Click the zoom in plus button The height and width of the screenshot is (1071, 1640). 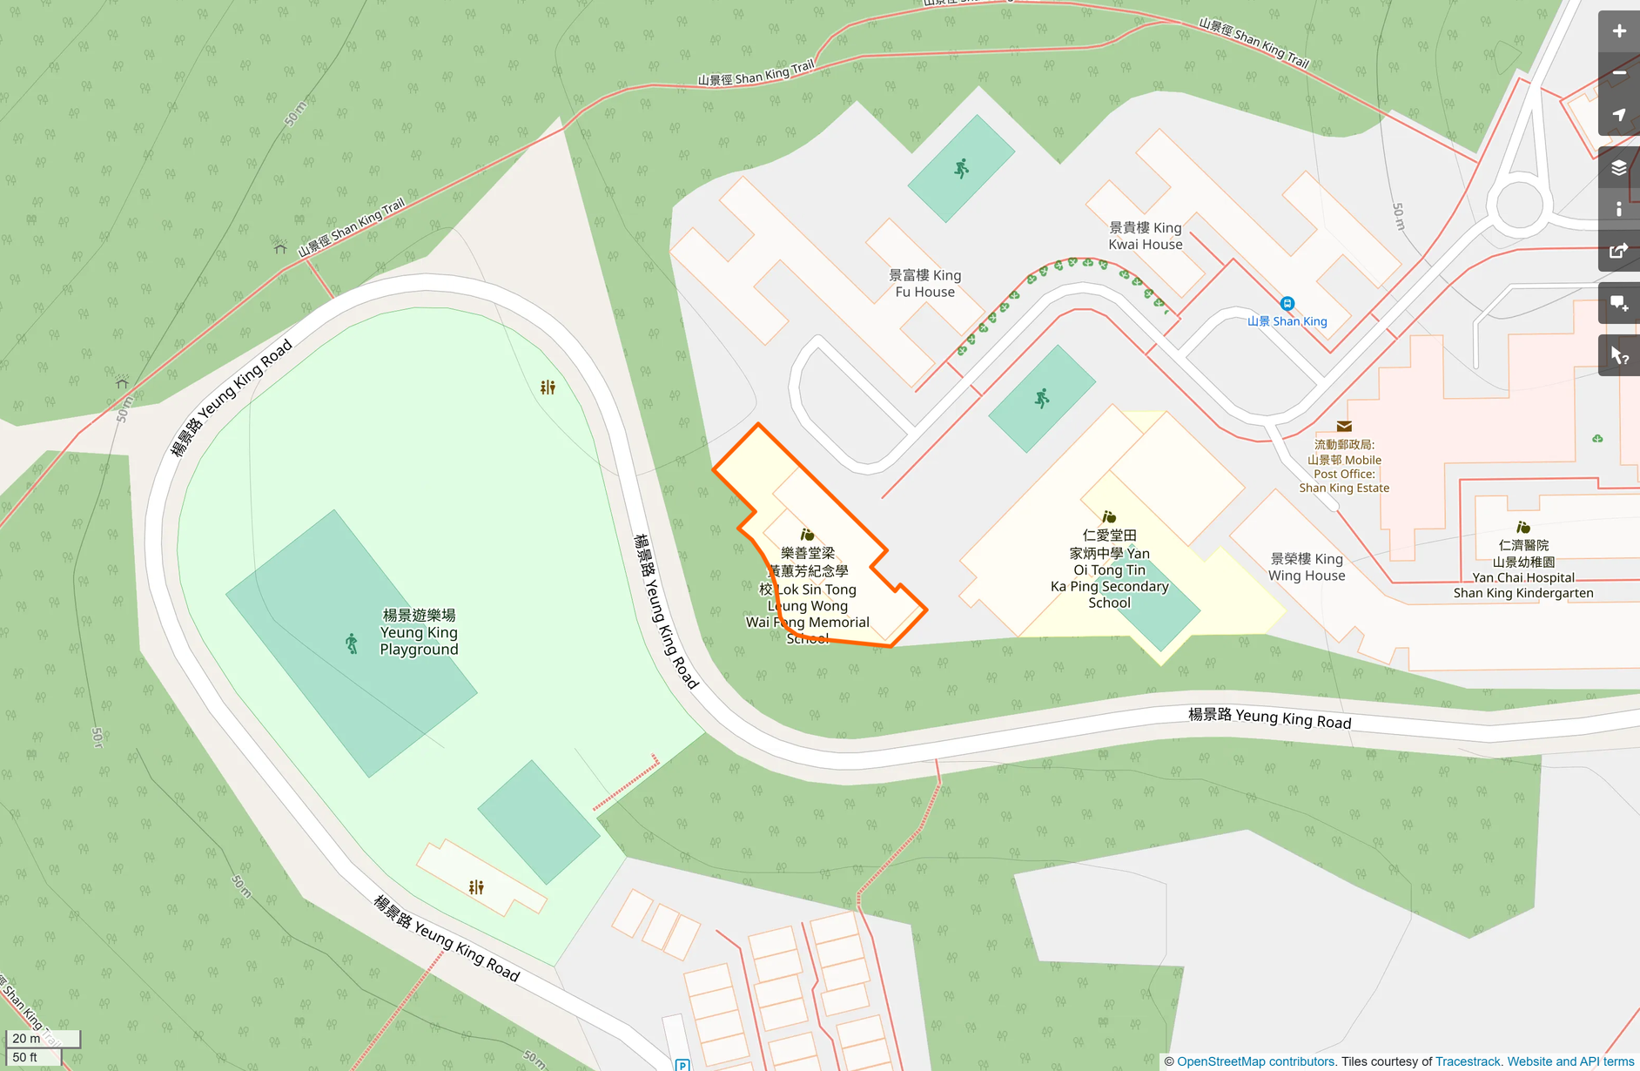pos(1618,31)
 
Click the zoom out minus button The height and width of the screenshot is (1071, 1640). pos(1618,73)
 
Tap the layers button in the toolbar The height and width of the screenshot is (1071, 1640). pos(1618,168)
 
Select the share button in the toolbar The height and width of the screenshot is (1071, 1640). pos(1618,251)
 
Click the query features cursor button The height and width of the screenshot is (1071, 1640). pos(1618,355)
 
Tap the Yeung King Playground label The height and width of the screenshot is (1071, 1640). pos(419,632)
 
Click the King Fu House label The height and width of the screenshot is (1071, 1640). pos(924,283)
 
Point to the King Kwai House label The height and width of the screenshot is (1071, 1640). pos(1145,236)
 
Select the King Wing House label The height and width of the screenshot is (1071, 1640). pos(1306,567)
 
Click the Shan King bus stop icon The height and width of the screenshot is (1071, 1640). pos(1287,304)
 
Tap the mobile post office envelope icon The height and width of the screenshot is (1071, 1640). pos(1344,426)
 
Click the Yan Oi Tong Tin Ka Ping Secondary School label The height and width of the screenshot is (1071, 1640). pos(1109,569)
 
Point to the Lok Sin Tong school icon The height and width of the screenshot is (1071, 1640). pos(807,535)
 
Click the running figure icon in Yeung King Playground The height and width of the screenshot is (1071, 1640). pos(352,643)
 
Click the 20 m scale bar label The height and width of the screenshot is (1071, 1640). pos(27,1038)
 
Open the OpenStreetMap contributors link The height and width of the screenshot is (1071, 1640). pos(1255,1061)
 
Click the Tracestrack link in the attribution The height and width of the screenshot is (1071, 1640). pos(1468,1061)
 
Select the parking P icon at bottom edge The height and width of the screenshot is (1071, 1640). pos(682,1064)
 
